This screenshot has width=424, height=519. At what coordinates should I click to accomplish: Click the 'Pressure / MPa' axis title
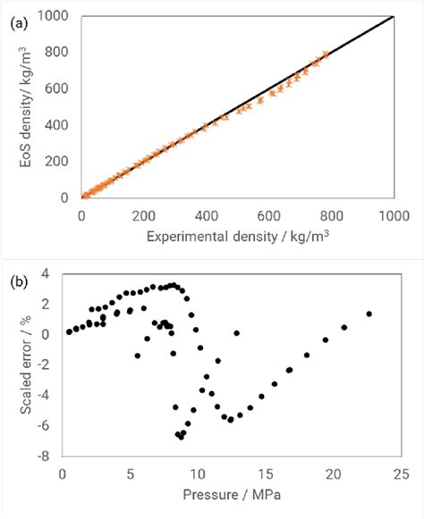[232, 492]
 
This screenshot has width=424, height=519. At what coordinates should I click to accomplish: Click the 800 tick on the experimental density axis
[331, 214]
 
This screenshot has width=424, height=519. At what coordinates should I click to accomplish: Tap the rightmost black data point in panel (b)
[369, 314]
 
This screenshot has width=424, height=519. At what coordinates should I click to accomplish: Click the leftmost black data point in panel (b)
[69, 332]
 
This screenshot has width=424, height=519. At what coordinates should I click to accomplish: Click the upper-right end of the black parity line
[394, 16]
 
